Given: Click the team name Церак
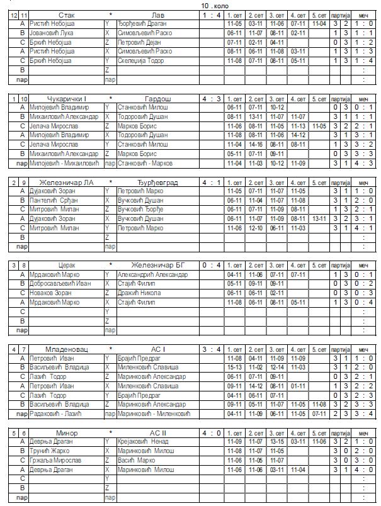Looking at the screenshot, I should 67,266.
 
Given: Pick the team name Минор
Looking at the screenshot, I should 67,433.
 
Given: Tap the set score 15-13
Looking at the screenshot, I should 234,367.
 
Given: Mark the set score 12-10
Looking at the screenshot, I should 255,228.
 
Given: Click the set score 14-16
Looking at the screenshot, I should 255,144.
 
